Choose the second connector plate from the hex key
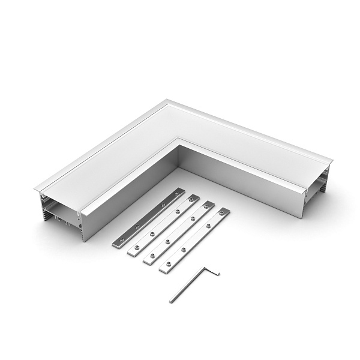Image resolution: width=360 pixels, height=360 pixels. point(179,232)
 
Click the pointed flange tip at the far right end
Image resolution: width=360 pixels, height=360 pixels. point(332,161)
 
